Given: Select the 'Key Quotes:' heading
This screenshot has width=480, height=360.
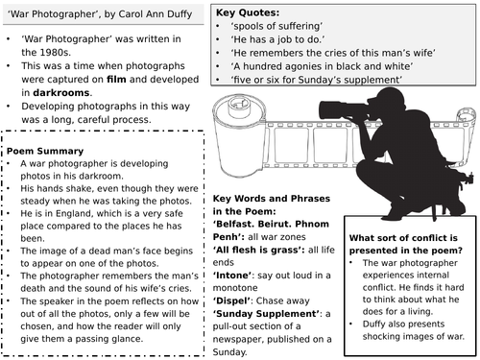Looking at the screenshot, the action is tap(248, 12).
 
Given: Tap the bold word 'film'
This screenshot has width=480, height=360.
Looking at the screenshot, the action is tap(116, 79).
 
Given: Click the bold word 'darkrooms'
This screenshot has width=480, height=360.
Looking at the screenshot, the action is tap(61, 92).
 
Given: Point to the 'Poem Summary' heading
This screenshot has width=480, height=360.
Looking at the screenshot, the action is tap(45, 151).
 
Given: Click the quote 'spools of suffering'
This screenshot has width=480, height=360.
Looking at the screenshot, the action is tap(276, 26).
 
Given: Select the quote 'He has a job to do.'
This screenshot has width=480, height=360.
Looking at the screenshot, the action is tap(277, 39).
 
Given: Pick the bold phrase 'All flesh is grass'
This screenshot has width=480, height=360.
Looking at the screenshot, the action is tap(258, 250).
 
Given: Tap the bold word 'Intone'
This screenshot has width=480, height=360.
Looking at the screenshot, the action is tap(232, 276).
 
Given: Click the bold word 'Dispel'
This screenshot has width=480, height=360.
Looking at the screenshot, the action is tap(231, 300).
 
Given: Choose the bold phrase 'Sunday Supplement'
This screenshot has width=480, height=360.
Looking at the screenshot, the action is tap(266, 314).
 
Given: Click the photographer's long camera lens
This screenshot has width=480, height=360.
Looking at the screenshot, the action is tap(343, 110).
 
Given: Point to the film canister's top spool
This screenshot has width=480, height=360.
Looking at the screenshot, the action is tap(241, 105).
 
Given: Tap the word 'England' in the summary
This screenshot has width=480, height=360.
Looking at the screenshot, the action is tap(73, 213).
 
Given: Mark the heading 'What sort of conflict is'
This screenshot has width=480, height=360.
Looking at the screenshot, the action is tap(403, 238).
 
